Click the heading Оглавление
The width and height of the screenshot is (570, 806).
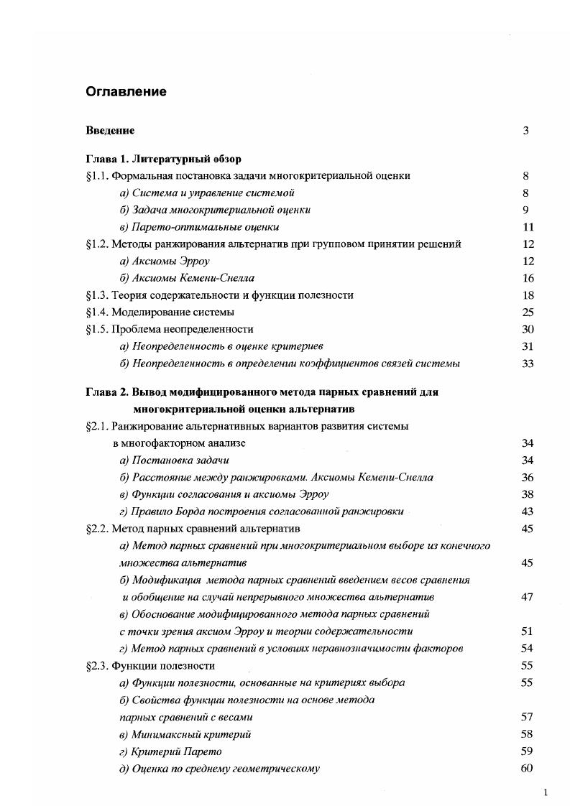coord(126,92)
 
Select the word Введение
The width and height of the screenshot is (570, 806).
coord(110,131)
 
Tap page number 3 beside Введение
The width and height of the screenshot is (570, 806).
coord(525,131)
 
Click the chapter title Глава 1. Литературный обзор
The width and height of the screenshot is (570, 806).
coord(163,159)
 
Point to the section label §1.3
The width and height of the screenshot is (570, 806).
coord(97,295)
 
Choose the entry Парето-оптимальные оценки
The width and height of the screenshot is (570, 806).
coord(199,227)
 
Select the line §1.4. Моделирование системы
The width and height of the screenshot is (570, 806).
coord(160,312)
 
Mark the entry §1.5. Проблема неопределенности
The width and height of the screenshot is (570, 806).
coord(169,329)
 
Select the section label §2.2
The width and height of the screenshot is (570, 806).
coord(97,529)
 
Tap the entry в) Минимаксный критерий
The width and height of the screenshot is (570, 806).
coord(185,735)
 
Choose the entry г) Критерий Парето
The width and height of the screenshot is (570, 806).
coord(170,752)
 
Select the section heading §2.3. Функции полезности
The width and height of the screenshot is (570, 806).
coord(150,666)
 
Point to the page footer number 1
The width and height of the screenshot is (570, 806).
coord(546,792)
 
